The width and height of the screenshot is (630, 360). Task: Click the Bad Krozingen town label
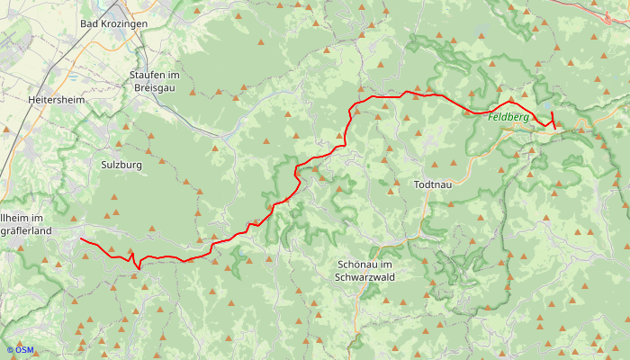pos(113,23)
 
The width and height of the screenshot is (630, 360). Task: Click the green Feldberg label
pos(508,117)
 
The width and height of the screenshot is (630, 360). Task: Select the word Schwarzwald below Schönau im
pos(364,277)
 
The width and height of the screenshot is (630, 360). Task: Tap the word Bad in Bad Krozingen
pos(89,23)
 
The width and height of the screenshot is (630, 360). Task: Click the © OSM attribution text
pos(20,350)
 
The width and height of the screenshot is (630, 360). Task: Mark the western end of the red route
pos(80,239)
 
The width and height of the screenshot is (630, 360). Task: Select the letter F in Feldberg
pos(491,117)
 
